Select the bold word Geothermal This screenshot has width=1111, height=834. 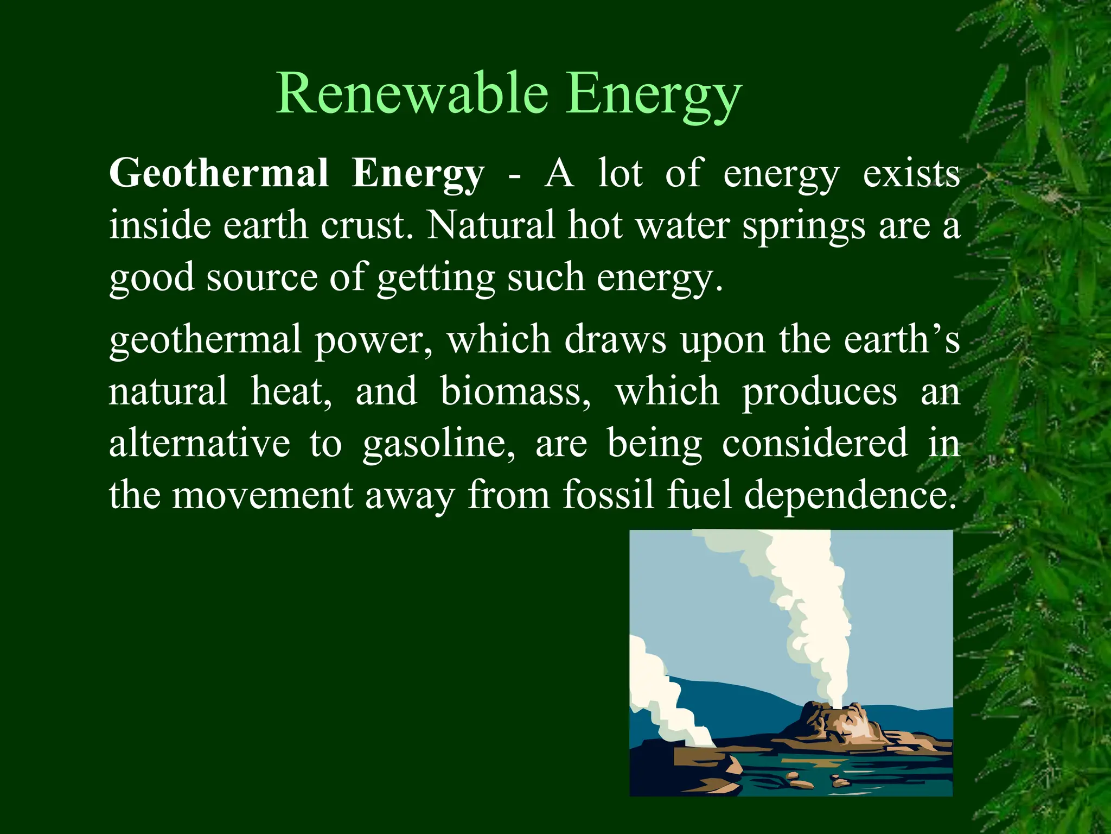pyautogui.click(x=219, y=174)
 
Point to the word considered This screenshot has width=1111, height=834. pyautogui.click(x=815, y=443)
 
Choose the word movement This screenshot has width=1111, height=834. pyautogui.click(x=263, y=495)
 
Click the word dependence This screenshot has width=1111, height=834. pyautogui.click(x=851, y=495)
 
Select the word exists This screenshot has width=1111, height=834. pyautogui.click(x=911, y=174)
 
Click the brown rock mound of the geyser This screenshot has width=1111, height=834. pyautogui.click(x=833, y=725)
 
